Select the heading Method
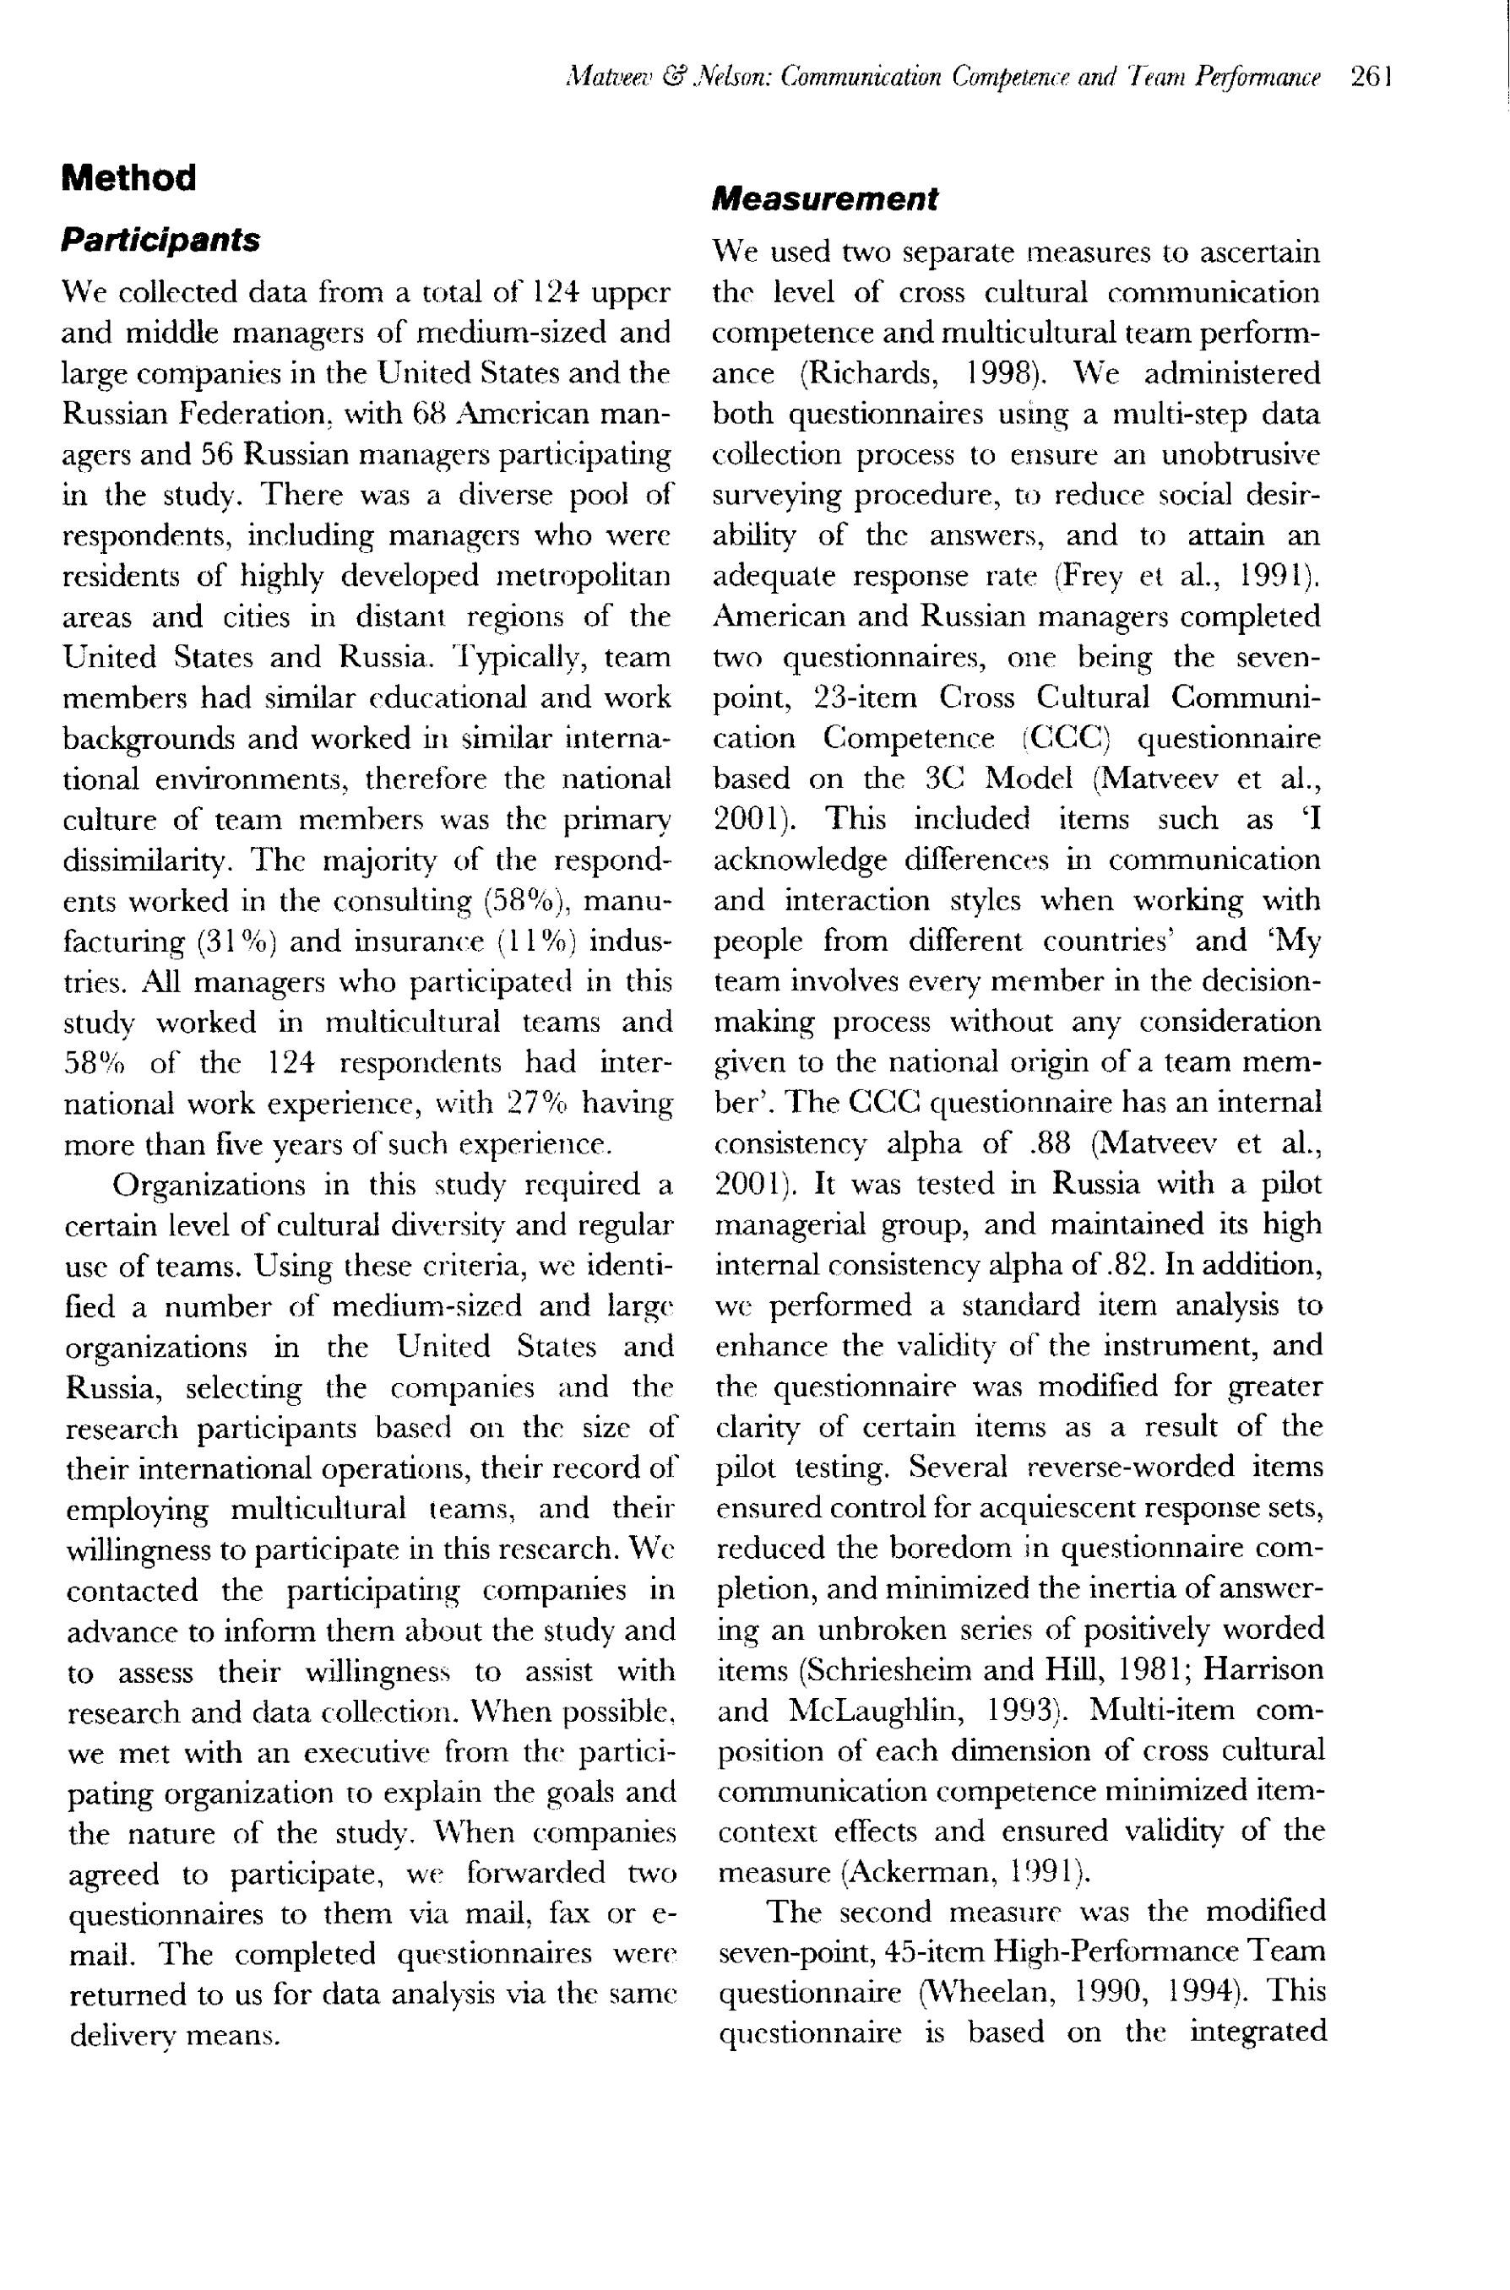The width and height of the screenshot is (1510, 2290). pyautogui.click(x=128, y=178)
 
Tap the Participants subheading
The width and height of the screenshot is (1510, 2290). pyautogui.click(x=160, y=240)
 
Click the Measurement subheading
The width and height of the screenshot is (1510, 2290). pyautogui.click(x=824, y=199)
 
